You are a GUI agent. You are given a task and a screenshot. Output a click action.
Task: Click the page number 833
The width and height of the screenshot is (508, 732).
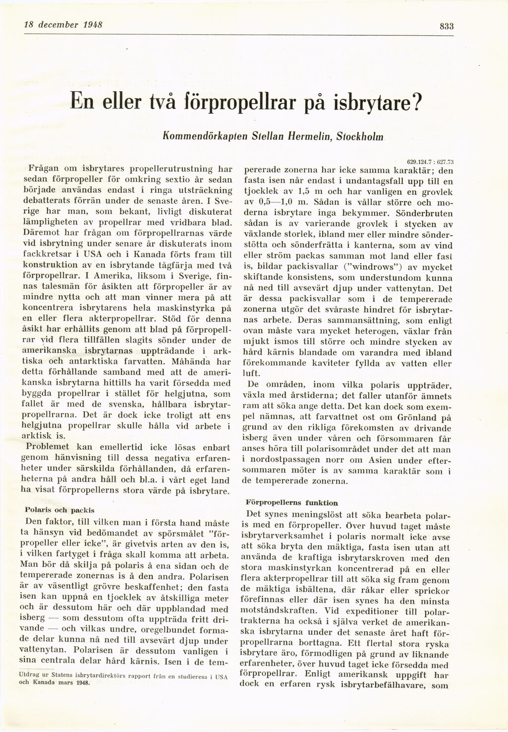pos(447,27)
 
